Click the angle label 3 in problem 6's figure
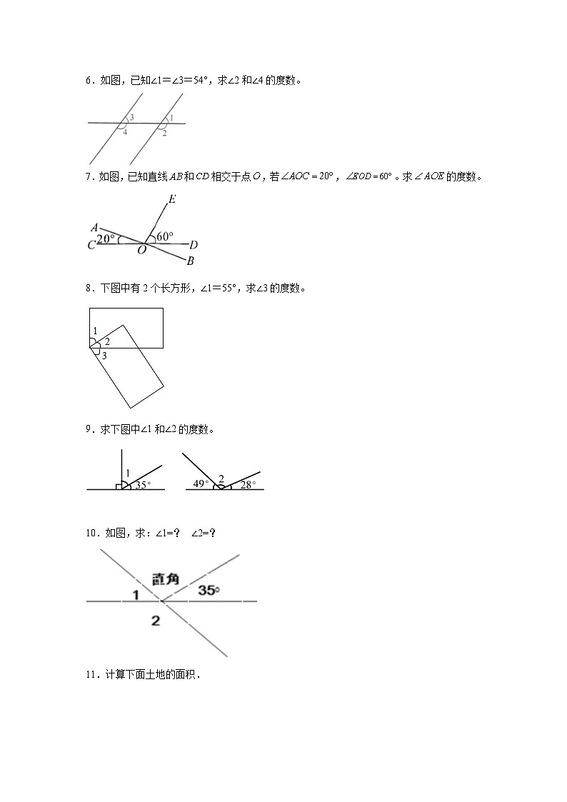(x=132, y=118)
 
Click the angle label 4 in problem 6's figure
(x=125, y=132)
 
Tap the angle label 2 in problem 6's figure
(x=164, y=133)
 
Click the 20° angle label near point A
(x=106, y=239)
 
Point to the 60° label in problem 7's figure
(x=165, y=236)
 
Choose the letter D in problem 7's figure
(x=194, y=245)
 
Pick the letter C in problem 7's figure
(x=91, y=246)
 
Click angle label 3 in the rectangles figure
(x=104, y=355)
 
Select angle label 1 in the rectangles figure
(x=95, y=331)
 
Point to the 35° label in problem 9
(x=143, y=484)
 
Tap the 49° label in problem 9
(x=201, y=484)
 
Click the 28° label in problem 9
(x=247, y=484)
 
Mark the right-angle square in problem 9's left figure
(x=119, y=486)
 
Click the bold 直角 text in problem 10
(x=165, y=577)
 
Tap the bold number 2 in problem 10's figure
(x=156, y=621)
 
